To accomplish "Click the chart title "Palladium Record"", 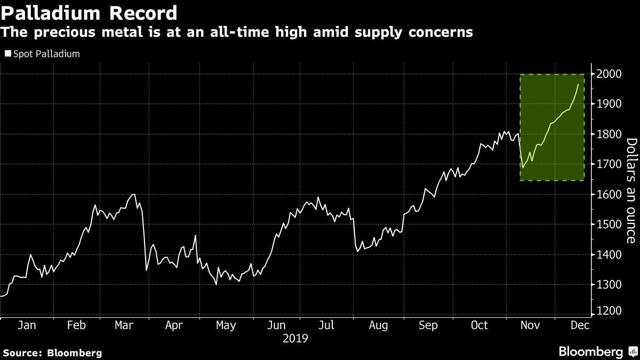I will pyautogui.click(x=89, y=12).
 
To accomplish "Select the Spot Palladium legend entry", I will pyautogui.click(x=43, y=54).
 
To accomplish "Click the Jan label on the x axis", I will pyautogui.click(x=26, y=326).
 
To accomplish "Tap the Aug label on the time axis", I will pyautogui.click(x=378, y=326).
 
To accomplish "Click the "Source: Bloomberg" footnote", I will pyautogui.click(x=52, y=353).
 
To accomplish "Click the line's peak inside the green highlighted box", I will pyautogui.click(x=579, y=84).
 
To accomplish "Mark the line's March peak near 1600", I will pyautogui.click(x=133, y=194).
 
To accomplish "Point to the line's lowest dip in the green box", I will pyautogui.click(x=523, y=168).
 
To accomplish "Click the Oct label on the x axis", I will pyautogui.click(x=479, y=326).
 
